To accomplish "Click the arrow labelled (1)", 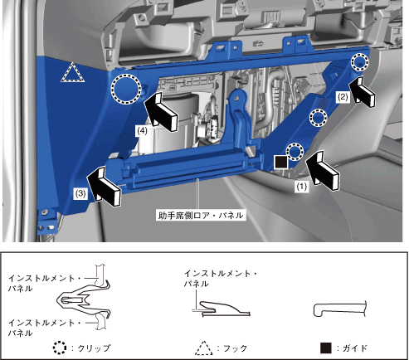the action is pyautogui.click(x=323, y=171).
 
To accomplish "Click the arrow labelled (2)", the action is pyautogui.click(x=363, y=91).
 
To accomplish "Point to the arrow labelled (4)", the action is pyautogui.click(x=161, y=111).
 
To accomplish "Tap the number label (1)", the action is pyautogui.click(x=302, y=187).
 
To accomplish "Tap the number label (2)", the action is pyautogui.click(x=343, y=97).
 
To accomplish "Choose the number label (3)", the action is pyautogui.click(x=80, y=193).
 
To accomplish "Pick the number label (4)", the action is pyautogui.click(x=142, y=130).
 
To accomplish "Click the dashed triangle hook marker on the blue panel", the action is pyautogui.click(x=72, y=72).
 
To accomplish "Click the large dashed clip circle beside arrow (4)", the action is pyautogui.click(x=126, y=90).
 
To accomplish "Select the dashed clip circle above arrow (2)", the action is pyautogui.click(x=360, y=62).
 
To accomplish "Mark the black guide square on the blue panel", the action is pyautogui.click(x=281, y=162).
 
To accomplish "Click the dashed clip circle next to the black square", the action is pyautogui.click(x=295, y=152).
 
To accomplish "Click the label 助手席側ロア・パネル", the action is pyautogui.click(x=201, y=215).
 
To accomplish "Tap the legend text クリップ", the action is pyautogui.click(x=94, y=348).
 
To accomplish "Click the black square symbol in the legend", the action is pyautogui.click(x=326, y=348).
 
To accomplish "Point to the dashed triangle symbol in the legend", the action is pyautogui.click(x=204, y=348).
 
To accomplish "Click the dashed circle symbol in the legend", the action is pyautogui.click(x=60, y=348).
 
